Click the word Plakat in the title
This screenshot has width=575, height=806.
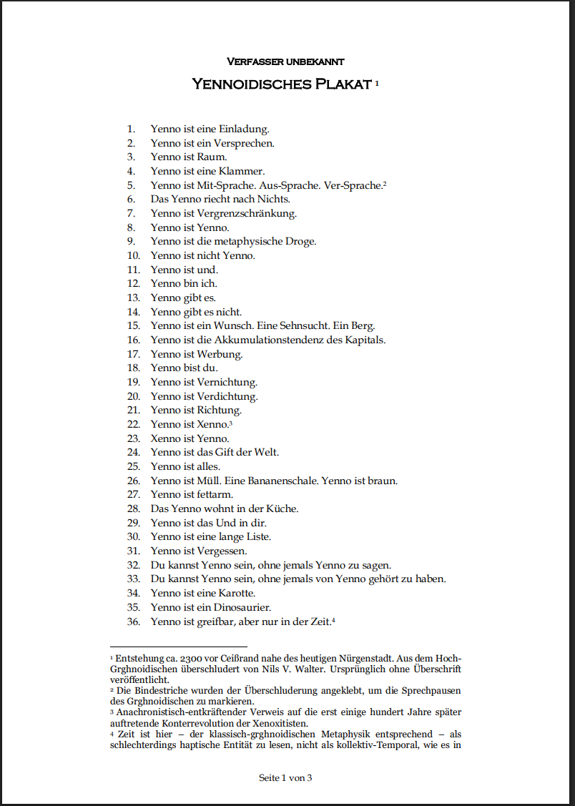342,84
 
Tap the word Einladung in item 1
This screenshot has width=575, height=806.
244,129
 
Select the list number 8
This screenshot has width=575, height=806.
131,227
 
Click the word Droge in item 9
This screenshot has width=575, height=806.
300,242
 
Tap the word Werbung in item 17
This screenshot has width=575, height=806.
220,354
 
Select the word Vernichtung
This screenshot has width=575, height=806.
227,382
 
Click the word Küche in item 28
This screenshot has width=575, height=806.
283,508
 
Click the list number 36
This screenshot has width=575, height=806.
133,621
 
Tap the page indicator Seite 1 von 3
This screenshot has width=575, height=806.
285,778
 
